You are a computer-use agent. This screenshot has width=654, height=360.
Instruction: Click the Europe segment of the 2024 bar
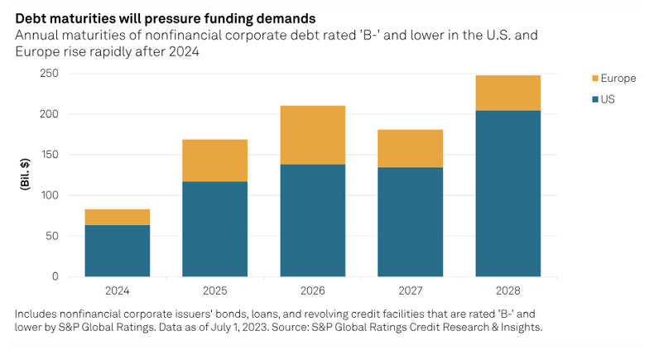click(117, 217)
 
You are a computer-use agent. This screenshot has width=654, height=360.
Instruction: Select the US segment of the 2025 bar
click(214, 228)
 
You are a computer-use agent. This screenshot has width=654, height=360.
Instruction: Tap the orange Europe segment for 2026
click(312, 135)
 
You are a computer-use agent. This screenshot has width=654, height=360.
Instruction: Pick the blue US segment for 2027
click(410, 222)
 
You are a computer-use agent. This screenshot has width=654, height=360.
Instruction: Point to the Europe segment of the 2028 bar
click(507, 93)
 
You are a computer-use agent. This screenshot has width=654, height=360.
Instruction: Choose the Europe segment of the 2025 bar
click(214, 161)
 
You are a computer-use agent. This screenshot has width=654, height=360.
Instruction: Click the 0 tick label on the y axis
click(55, 276)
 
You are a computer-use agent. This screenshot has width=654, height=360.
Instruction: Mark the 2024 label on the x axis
click(117, 291)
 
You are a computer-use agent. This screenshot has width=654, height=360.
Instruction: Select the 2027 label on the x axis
click(410, 291)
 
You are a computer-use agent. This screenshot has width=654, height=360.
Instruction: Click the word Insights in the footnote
click(521, 329)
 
